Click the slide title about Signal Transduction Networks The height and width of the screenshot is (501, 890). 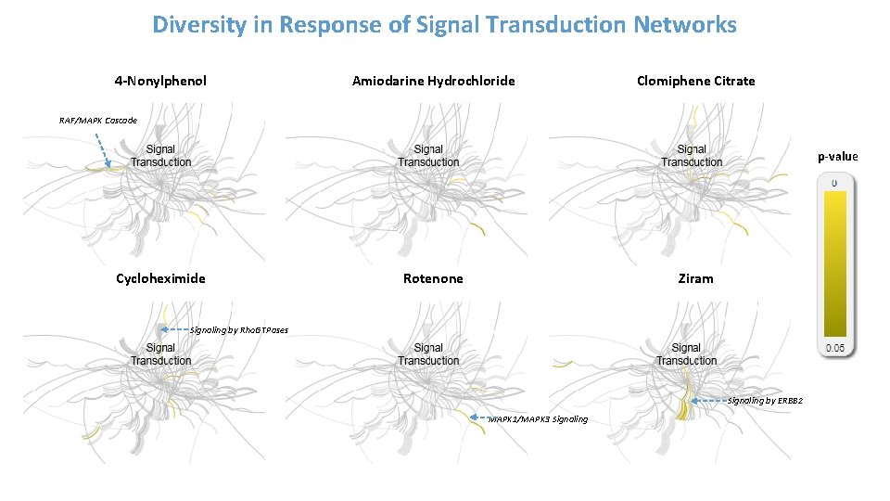coord(444,25)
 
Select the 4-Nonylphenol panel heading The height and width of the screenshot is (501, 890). coord(160,81)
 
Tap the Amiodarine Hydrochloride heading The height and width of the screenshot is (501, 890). coord(433,81)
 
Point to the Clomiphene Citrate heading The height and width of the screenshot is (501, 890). coord(695,81)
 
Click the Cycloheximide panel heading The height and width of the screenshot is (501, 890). coord(160,278)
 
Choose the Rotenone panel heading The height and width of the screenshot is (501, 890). coord(433,278)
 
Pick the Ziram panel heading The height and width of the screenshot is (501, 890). coord(695,278)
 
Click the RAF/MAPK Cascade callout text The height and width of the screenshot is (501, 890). coord(97,121)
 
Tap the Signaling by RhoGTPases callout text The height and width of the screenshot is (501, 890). coord(238,329)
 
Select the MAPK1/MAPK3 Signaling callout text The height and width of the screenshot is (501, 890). coord(538,419)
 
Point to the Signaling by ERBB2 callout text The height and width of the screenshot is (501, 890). coord(765,401)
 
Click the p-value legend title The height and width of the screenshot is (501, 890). coord(837,157)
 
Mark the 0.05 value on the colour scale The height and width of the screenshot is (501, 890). coord(834,348)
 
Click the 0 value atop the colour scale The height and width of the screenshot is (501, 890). coord(834,184)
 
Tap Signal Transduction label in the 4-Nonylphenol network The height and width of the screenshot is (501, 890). coord(160,156)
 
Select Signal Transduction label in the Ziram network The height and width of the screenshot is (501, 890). coord(686,354)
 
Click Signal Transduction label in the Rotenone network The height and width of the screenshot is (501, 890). coord(428,354)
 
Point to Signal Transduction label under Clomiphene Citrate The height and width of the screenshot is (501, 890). coord(692,156)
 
